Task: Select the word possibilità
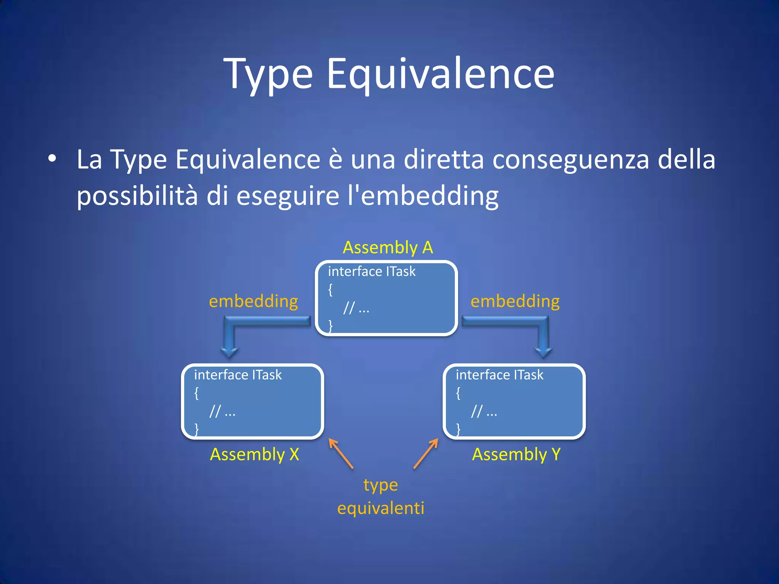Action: click(137, 196)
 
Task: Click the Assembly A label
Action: click(388, 248)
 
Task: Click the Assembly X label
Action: click(254, 454)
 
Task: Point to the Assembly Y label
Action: click(516, 454)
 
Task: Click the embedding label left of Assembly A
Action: click(253, 301)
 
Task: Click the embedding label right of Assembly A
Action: click(515, 301)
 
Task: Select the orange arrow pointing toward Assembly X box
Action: click(341, 453)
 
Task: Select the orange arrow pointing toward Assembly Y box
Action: click(426, 453)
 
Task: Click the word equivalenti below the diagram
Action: click(380, 508)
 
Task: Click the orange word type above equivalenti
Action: click(380, 485)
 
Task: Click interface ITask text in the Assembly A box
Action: click(372, 271)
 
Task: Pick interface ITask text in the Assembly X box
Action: click(238, 375)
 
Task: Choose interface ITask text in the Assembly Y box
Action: click(499, 375)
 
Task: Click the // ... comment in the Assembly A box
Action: click(356, 308)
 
